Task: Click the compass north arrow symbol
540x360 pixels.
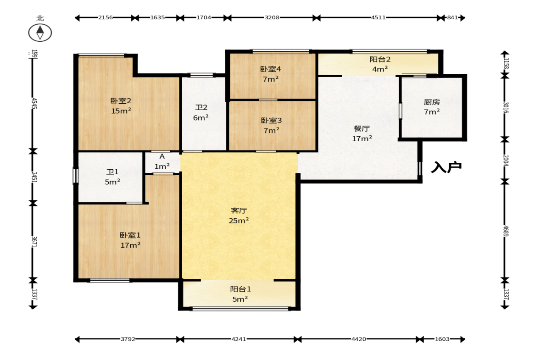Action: pyautogui.click(x=40, y=33)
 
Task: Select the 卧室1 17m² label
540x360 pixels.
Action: pyautogui.click(x=130, y=240)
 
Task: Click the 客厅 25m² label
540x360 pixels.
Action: pyautogui.click(x=239, y=216)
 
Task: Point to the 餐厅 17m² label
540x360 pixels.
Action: pyautogui.click(x=362, y=133)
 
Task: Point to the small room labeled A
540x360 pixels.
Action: pyautogui.click(x=162, y=161)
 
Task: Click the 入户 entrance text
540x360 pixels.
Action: pyautogui.click(x=446, y=167)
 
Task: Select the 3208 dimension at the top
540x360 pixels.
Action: pyautogui.click(x=272, y=17)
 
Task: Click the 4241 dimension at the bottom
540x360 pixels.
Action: pyautogui.click(x=239, y=339)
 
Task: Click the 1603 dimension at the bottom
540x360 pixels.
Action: pyautogui.click(x=442, y=339)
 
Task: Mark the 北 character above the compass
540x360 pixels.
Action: pyautogui.click(x=40, y=18)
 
